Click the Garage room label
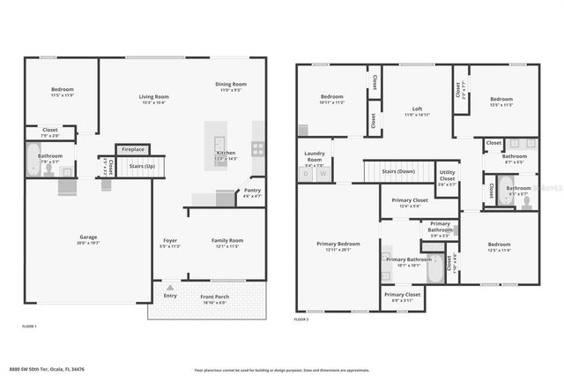(x=88, y=237)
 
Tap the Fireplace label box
(x=132, y=149)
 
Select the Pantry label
(x=252, y=190)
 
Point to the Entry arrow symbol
(x=170, y=287)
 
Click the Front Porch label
(x=215, y=297)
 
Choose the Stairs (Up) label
(x=142, y=165)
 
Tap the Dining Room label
(x=231, y=84)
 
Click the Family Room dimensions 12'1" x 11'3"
(x=226, y=246)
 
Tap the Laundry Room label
(x=315, y=156)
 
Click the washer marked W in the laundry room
(x=323, y=174)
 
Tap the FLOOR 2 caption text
(x=301, y=319)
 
